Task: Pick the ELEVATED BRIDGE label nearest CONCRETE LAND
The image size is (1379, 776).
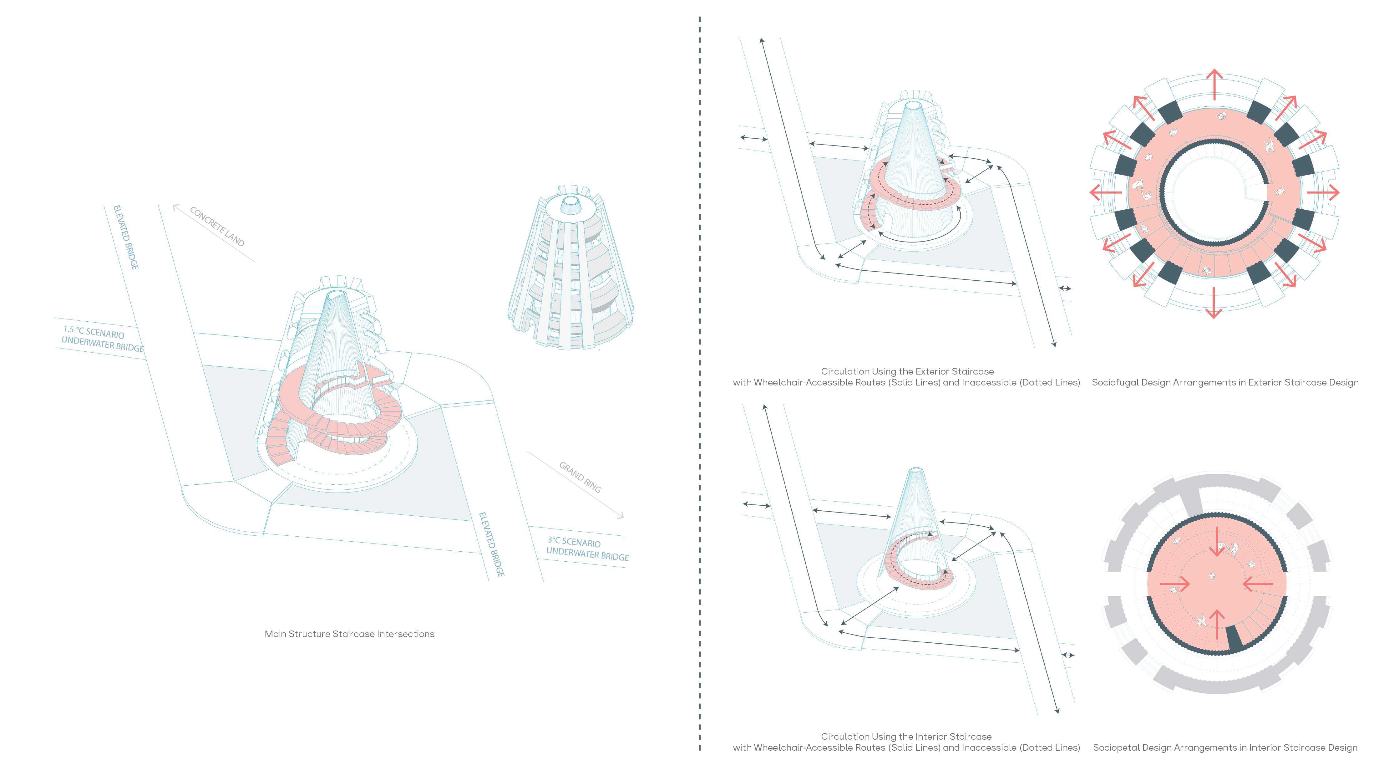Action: point(126,237)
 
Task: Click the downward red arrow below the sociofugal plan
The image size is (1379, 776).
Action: point(1214,304)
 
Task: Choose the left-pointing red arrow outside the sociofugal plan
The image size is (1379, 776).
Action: point(1105,192)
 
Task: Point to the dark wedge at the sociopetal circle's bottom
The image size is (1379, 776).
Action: point(1235,638)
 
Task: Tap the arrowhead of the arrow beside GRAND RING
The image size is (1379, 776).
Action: point(621,516)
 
